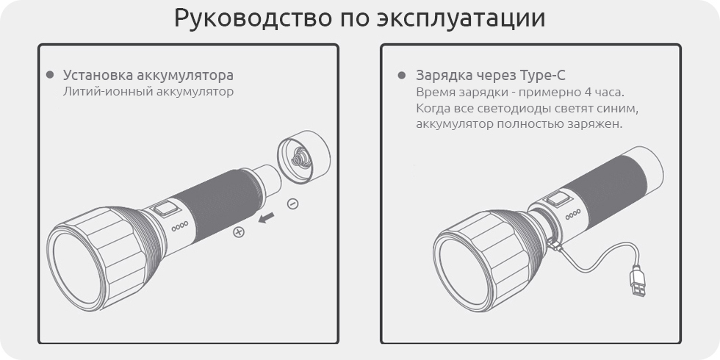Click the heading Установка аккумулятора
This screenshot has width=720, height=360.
click(x=148, y=75)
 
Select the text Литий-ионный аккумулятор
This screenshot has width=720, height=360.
click(x=148, y=91)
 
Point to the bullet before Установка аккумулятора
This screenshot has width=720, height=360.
click(x=50, y=75)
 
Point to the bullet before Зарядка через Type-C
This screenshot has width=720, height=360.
click(x=402, y=75)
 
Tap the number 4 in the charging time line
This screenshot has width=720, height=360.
click(x=589, y=92)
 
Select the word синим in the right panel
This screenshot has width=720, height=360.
click(x=619, y=109)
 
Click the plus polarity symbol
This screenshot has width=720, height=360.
click(x=238, y=232)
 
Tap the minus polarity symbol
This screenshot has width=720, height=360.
click(x=292, y=204)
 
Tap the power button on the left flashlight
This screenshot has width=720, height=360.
click(x=166, y=209)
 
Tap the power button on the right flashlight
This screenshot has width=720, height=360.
click(x=557, y=199)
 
